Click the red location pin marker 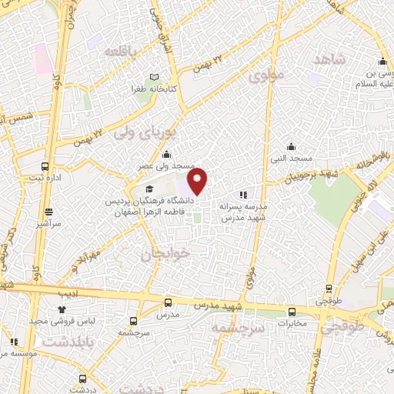[x=199, y=180]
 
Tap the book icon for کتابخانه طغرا [x=156, y=77]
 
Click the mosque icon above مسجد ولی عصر [x=167, y=155]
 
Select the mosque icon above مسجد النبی [x=291, y=146]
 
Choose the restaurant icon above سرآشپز [x=50, y=211]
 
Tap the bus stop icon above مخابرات [x=292, y=312]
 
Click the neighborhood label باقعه [x=124, y=51]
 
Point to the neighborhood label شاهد [x=329, y=59]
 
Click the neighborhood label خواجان [x=164, y=255]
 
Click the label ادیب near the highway [x=67, y=293]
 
